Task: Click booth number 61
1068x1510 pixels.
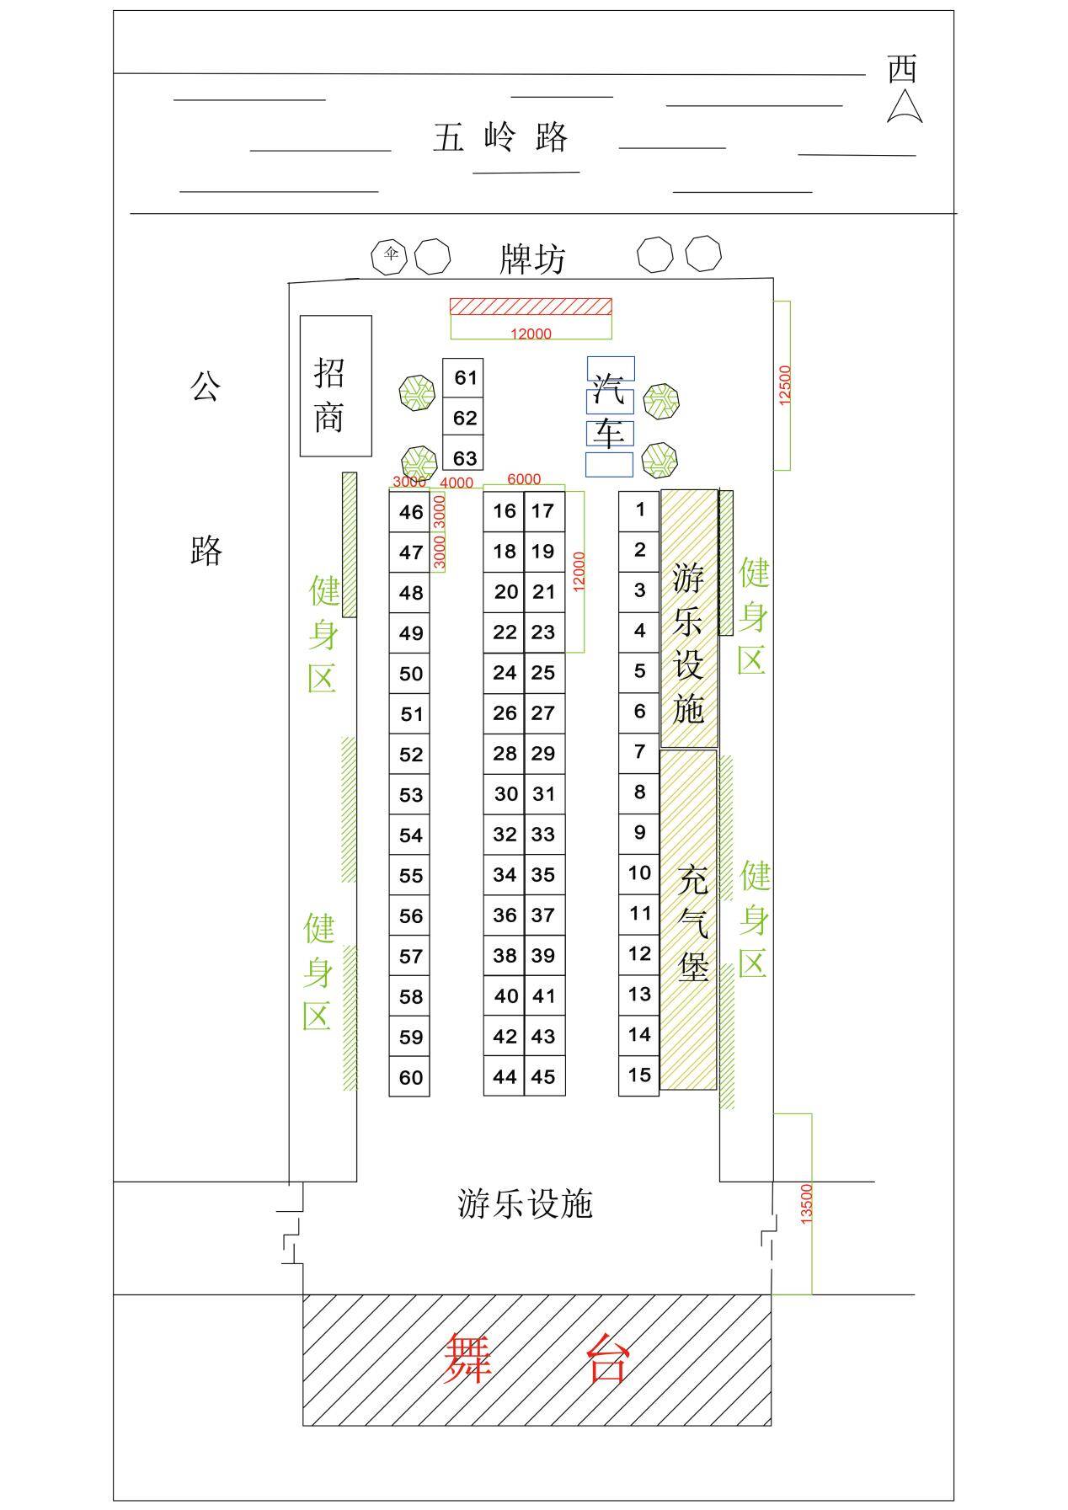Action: (x=464, y=377)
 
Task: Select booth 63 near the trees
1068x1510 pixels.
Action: (x=464, y=458)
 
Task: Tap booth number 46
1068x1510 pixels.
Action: (x=410, y=512)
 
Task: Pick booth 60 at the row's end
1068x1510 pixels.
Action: (x=410, y=1077)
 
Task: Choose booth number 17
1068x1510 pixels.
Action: (x=543, y=510)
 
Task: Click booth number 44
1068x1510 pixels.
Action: (x=505, y=1076)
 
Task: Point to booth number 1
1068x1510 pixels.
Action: (x=639, y=509)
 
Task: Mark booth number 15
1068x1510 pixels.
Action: (x=639, y=1075)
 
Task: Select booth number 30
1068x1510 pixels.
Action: (x=505, y=793)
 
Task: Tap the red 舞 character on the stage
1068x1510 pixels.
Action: (x=468, y=1358)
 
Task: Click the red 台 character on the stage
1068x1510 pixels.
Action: (x=607, y=1358)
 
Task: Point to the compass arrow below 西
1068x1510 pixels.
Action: (x=904, y=106)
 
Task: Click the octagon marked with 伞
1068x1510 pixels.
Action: (x=390, y=254)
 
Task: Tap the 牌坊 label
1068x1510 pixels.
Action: (x=532, y=259)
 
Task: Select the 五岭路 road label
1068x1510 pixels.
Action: (x=501, y=136)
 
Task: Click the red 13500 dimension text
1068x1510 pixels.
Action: (x=806, y=1203)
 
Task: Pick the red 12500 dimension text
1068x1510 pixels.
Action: (x=785, y=385)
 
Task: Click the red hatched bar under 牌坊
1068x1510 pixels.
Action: (x=531, y=306)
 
